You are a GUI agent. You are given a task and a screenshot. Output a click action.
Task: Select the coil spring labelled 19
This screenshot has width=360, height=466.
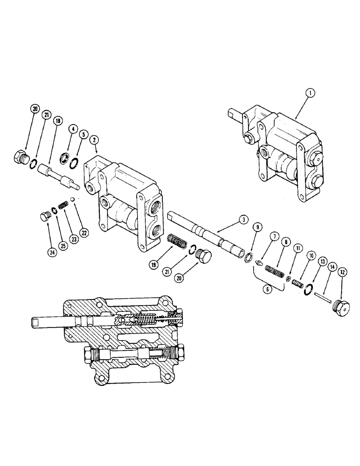point(177,243)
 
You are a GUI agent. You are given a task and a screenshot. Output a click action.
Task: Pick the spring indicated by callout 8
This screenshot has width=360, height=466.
point(275,271)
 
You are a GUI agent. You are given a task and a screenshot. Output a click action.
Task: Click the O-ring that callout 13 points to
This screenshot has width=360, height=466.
point(306,289)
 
